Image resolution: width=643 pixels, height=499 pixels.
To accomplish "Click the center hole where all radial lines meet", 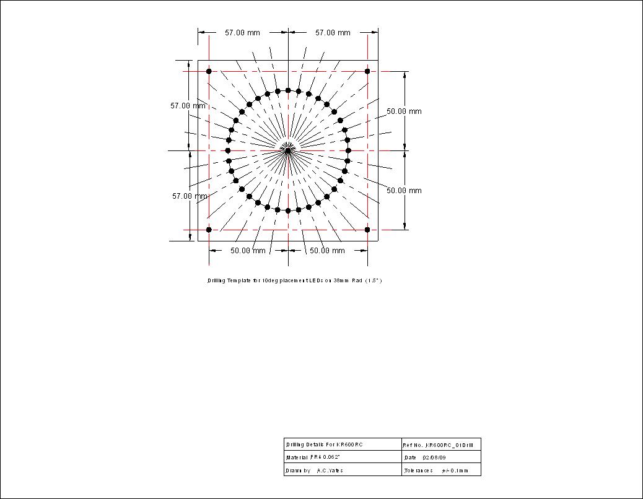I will (288, 150).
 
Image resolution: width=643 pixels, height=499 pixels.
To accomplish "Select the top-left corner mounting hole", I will (209, 71).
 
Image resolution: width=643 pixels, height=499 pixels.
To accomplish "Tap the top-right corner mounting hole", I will (367, 71).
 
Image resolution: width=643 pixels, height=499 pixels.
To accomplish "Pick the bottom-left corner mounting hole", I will (209, 230).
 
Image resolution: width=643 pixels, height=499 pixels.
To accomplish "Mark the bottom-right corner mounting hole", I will (367, 230).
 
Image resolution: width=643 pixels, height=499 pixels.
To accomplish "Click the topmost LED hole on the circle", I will (288, 90).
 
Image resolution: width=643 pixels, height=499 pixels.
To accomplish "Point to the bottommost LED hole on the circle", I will (288, 211).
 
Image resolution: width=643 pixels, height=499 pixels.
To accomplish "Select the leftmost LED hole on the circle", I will (228, 150).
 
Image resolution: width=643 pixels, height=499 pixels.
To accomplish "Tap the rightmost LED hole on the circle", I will (348, 150).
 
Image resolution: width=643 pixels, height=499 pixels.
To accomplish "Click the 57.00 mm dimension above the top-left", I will (242, 33).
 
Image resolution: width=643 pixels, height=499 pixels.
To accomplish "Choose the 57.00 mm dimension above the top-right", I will (333, 33).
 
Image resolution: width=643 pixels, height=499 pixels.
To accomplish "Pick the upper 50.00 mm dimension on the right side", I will (404, 111).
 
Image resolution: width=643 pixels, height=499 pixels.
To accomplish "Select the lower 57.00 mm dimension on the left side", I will (190, 196).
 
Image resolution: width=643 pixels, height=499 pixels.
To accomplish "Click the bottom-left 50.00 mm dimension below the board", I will (248, 251).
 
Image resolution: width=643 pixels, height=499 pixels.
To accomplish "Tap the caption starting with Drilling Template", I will (294, 280).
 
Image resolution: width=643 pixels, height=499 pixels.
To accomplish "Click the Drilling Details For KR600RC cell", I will (325, 445).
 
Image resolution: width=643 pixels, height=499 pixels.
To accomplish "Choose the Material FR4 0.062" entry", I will (313, 458).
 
